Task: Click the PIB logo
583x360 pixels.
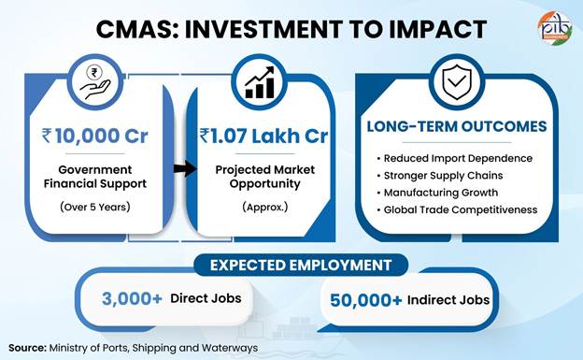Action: coord(555,27)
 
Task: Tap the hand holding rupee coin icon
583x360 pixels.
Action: coord(95,82)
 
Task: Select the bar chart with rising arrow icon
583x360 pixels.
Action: coord(260,82)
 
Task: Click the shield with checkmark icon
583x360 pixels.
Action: coord(457,82)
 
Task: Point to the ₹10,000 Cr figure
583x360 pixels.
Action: coord(94,136)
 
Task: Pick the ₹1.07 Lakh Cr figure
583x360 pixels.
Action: coord(264,136)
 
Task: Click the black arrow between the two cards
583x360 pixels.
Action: coord(185,168)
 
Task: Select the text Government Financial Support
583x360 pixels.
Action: coord(94,177)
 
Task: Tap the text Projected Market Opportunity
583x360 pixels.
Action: coord(264,177)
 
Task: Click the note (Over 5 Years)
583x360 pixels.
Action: coord(94,207)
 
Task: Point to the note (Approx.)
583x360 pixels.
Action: coord(264,207)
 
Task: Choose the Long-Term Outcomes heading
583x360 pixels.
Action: coord(457,126)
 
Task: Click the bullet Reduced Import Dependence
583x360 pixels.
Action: coord(455,158)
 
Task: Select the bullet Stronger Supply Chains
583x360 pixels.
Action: coord(440,176)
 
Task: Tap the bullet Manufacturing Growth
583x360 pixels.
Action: coord(437,193)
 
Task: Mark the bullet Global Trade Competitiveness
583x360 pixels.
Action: coord(457,209)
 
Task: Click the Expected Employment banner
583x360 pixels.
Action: coord(301,265)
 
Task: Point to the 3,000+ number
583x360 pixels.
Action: coord(132,298)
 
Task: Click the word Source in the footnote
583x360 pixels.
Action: coord(27,348)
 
